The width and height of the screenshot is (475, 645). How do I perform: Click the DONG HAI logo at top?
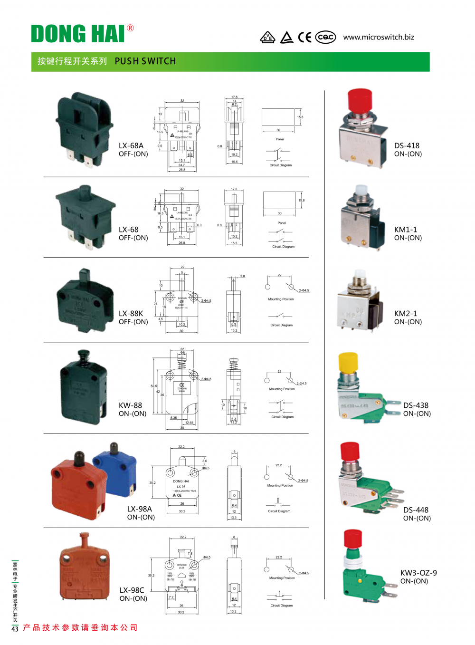click(x=78, y=34)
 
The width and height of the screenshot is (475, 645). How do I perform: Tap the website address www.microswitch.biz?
click(x=379, y=37)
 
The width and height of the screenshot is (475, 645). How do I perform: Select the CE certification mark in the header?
click(x=304, y=37)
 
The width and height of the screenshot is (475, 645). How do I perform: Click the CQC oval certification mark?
click(x=326, y=37)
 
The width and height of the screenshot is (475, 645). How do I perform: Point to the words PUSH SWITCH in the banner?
click(x=145, y=61)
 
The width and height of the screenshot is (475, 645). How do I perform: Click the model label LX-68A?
click(x=131, y=146)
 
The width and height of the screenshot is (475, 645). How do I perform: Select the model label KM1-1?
click(x=406, y=230)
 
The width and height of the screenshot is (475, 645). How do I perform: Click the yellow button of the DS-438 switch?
click(x=348, y=362)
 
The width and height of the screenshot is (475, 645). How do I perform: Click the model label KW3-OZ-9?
click(x=418, y=573)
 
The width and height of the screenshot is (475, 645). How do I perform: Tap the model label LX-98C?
click(x=132, y=590)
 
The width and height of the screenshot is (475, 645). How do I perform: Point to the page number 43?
click(x=15, y=629)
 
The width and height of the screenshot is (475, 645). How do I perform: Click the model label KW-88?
click(x=130, y=405)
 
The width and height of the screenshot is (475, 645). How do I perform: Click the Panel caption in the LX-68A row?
click(x=280, y=139)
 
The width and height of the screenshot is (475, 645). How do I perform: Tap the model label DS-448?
click(x=416, y=510)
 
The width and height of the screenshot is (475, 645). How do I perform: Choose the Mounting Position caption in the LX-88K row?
click(x=281, y=299)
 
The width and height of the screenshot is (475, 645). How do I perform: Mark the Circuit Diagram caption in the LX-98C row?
click(x=282, y=606)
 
